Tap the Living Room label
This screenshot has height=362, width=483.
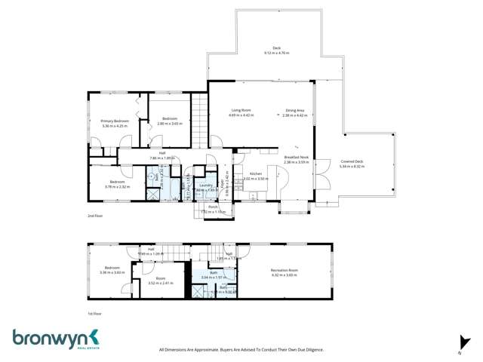click(x=242, y=111)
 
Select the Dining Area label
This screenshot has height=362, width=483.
click(x=294, y=111)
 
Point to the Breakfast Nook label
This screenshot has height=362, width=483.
click(x=297, y=158)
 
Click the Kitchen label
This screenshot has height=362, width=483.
click(x=255, y=174)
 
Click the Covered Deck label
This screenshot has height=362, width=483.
click(x=352, y=162)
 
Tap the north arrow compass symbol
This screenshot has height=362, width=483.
click(x=458, y=342)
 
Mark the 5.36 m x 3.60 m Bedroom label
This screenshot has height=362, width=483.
click(x=112, y=270)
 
